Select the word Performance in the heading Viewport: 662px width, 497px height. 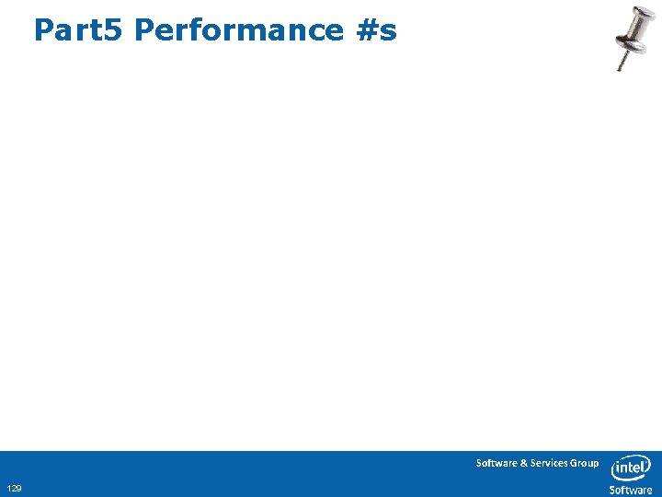238,29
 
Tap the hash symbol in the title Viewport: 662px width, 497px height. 364,29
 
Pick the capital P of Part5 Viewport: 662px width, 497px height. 43,29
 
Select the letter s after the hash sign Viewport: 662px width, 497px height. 388,32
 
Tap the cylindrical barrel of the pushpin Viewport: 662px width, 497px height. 633,27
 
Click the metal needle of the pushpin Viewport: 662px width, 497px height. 623,58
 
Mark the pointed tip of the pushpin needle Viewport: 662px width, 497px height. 620,70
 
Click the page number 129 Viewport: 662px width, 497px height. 14,488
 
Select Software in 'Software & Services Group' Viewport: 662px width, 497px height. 496,463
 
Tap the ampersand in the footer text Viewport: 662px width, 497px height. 524,463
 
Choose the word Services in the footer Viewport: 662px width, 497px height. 548,463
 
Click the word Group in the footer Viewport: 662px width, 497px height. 584,463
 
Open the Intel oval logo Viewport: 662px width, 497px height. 631,468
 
